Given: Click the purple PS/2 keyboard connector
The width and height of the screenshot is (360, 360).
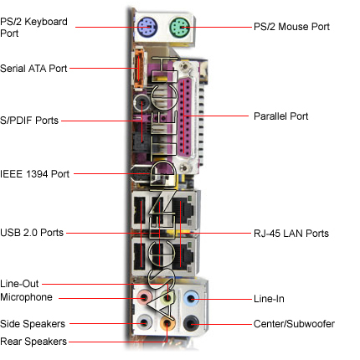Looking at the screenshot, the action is coord(147,28).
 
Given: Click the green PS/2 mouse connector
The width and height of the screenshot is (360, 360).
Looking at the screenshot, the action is coord(180,28).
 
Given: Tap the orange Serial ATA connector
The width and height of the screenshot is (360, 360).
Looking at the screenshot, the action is coord(139,69).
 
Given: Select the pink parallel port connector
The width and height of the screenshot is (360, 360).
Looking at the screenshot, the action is coord(185,116).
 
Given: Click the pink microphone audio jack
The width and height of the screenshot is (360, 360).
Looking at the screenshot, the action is coord(144,298).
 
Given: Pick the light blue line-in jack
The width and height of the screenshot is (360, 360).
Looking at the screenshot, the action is coord(191,298).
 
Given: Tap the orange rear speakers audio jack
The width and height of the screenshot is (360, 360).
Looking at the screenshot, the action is coord(167,323).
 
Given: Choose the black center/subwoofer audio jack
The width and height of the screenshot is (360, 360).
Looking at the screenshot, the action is coord(191,323).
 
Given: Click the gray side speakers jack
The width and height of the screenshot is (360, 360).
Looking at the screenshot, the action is coord(144,323).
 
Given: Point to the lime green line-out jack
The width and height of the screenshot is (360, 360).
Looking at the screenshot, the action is coord(167,298).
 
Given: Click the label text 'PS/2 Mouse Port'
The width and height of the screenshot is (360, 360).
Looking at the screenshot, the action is coord(291,27).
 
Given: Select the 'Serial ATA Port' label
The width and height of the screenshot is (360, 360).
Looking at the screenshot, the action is coord(33,69).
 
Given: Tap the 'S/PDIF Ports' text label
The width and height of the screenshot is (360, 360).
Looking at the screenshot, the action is coord(29,121).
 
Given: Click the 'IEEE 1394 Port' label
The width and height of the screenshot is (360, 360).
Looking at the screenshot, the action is coord(34,174).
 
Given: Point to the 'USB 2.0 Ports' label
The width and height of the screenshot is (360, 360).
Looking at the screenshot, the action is coord(32,233).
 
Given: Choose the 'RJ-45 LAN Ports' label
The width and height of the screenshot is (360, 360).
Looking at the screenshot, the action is coord(291,234).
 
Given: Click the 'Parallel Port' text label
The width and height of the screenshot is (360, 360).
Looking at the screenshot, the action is coord(281,116).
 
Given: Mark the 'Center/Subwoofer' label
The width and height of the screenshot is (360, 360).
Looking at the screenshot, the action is coord(294,324).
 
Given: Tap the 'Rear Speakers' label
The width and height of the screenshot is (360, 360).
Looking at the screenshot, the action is coord(33,342).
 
